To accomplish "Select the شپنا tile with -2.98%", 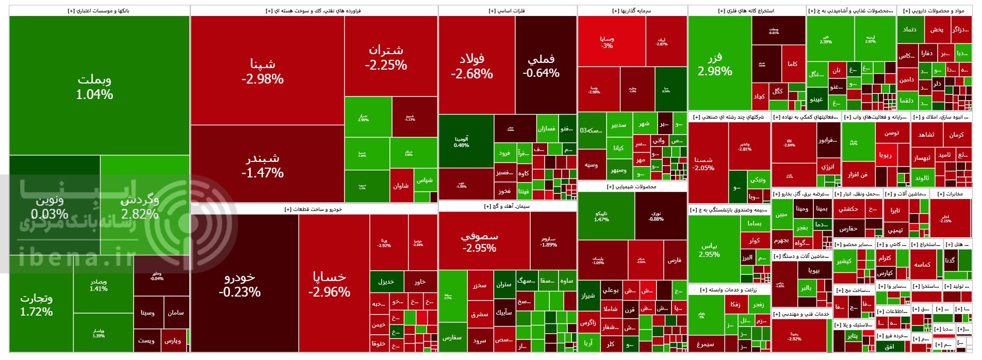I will point(262,71).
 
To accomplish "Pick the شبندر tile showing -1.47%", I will point(262,165).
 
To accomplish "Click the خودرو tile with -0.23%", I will point(239,284).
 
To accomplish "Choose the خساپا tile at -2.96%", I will point(329,284).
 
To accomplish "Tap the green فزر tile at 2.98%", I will point(715,64).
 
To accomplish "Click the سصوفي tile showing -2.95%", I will point(479,241).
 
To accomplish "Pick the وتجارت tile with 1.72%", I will point(36,304).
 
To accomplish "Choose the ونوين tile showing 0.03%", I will point(50,206).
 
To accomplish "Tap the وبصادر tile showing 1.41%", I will point(98,285).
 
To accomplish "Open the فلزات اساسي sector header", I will point(507,10).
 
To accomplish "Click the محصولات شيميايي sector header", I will point(632,187).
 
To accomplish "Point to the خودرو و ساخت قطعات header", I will point(314,209).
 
